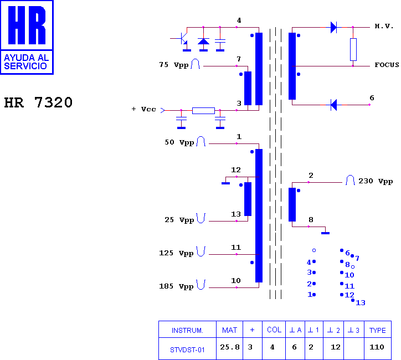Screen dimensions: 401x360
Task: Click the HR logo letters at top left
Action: [27, 25]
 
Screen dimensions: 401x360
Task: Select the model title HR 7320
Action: [38, 102]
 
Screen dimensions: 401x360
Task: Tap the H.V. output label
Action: [384, 26]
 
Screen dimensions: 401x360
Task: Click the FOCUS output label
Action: [387, 65]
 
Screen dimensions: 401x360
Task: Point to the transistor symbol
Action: [182, 39]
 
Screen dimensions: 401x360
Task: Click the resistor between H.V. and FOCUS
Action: [353, 50]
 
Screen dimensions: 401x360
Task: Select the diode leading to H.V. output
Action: [333, 27]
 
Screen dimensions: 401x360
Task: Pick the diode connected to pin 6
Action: [333, 105]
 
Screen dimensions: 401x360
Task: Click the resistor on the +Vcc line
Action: [203, 111]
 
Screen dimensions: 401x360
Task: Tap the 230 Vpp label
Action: [376, 181]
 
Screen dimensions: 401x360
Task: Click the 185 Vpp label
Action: [176, 286]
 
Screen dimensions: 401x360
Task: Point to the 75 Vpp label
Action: [174, 65]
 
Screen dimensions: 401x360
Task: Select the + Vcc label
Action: [143, 110]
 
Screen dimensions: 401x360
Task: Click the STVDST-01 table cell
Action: [187, 350]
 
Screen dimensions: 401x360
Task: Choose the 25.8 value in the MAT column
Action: [230, 347]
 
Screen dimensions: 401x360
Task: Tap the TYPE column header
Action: [378, 330]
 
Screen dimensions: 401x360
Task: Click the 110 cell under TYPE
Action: [377, 347]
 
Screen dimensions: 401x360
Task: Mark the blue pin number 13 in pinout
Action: [361, 303]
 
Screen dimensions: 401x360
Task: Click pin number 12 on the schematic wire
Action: [236, 170]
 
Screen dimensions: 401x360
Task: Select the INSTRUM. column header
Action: [187, 331]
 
